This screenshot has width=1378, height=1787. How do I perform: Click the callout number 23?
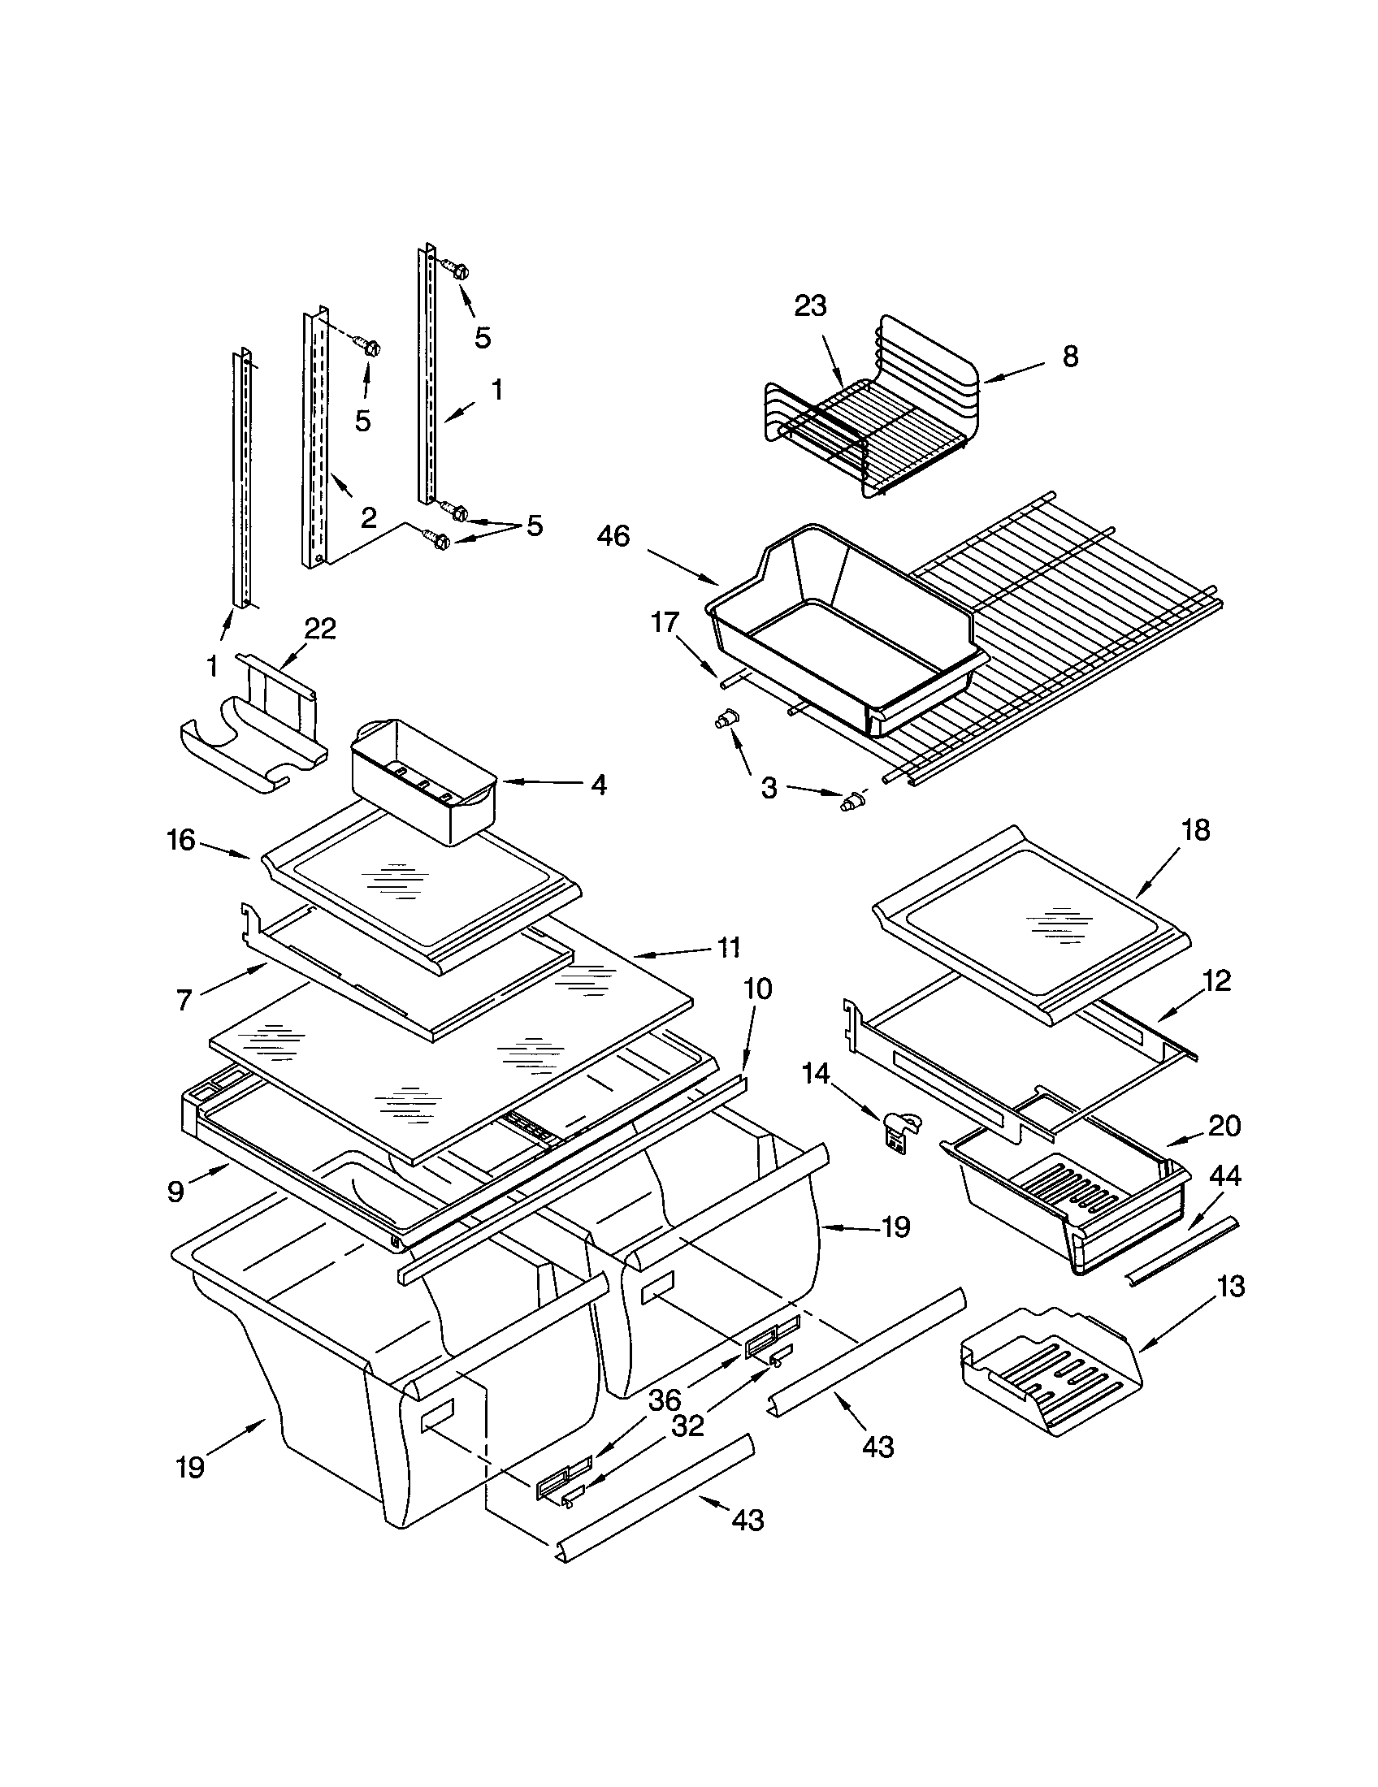point(810,306)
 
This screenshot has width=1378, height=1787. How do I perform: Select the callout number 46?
point(613,537)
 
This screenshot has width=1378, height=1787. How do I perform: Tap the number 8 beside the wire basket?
point(1070,356)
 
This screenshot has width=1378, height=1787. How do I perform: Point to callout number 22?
point(320,629)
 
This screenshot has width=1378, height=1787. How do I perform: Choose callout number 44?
point(1224,1176)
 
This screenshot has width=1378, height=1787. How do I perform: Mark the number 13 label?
point(1231,1287)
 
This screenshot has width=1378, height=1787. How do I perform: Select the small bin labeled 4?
point(422,780)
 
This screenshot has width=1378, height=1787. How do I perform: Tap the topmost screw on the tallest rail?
point(455,268)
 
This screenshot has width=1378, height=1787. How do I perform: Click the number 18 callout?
point(1195,829)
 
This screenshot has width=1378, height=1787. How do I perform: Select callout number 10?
point(758,989)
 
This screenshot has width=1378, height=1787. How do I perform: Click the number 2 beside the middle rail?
point(368,517)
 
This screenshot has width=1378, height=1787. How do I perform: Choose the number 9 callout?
point(175,1192)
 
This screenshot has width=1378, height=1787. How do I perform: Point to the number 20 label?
point(1224,1126)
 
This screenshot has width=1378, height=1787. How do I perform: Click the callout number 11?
point(728,947)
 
